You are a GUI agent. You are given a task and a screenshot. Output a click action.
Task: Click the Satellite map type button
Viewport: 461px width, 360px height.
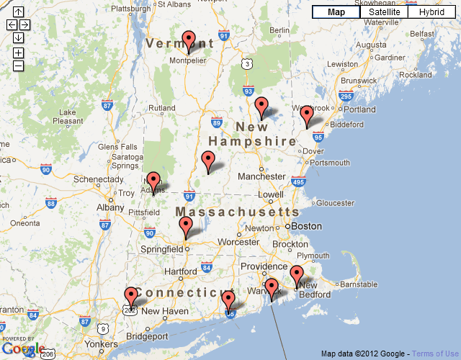[x=384, y=12]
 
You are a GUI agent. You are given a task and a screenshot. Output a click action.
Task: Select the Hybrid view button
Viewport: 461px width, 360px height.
[x=431, y=12]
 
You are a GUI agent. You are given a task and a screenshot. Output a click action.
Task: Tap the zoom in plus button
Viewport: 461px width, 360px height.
[x=18, y=53]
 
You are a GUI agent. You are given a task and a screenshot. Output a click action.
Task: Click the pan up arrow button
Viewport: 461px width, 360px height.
[x=18, y=12]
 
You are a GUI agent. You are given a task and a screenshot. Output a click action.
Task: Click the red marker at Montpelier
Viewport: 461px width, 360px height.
[x=189, y=41]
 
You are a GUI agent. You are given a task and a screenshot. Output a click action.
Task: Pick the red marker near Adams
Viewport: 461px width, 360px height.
[x=153, y=182]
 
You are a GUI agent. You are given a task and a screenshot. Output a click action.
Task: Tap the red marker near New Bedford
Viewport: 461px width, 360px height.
[x=297, y=276]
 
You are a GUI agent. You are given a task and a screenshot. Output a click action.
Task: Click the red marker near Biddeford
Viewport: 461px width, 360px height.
[x=307, y=115]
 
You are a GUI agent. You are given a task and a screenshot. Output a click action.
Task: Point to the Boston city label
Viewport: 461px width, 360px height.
[x=307, y=225]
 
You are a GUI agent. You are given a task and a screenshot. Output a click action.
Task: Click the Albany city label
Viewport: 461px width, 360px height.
[x=110, y=207]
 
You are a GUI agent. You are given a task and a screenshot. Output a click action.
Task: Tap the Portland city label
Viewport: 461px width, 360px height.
[x=359, y=109]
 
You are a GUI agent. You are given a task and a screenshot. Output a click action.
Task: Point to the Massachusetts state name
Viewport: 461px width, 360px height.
[x=238, y=212]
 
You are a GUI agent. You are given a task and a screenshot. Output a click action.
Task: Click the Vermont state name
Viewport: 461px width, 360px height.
[x=180, y=44]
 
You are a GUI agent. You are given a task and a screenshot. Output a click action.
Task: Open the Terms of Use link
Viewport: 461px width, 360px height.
[x=435, y=354]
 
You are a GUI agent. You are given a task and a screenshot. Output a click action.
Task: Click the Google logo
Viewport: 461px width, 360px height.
[x=24, y=349]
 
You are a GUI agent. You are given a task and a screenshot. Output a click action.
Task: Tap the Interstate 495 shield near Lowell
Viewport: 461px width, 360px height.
[x=298, y=183]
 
